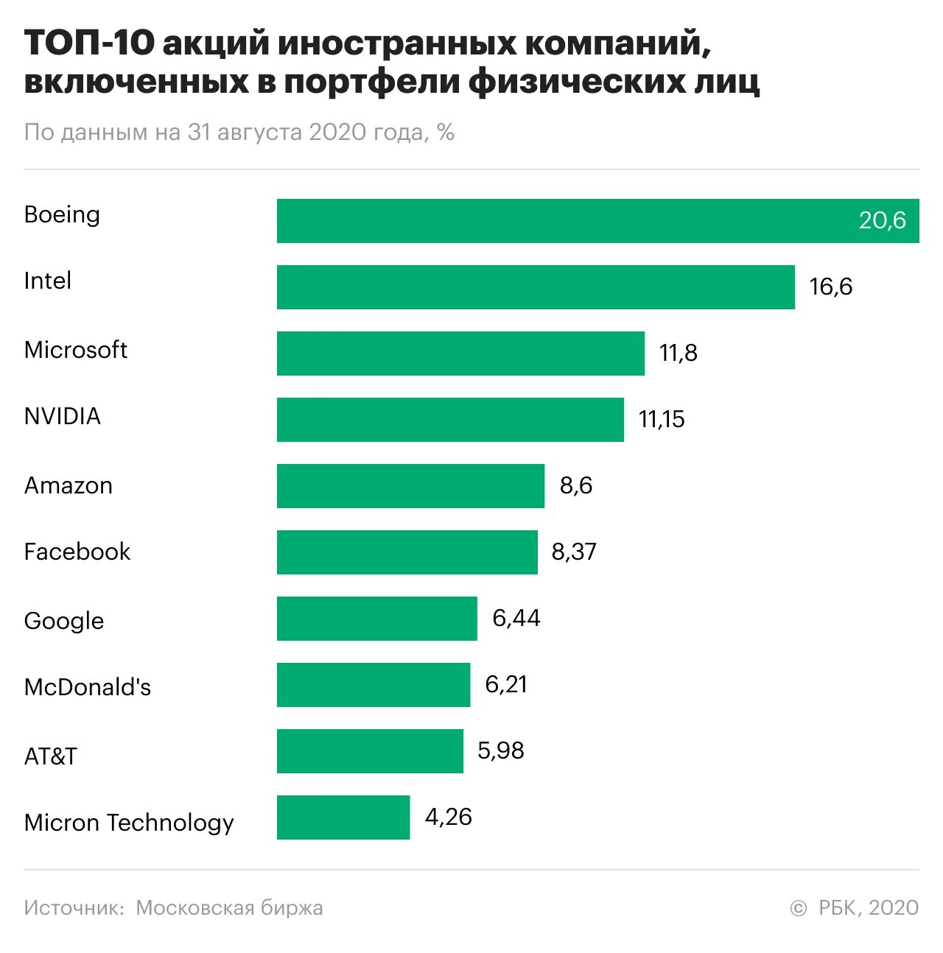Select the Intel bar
[x=536, y=287]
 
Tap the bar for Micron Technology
[x=343, y=817]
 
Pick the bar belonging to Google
[x=376, y=619]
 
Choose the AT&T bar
[x=370, y=751]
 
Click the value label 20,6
[x=882, y=221]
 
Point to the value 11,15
[x=662, y=420]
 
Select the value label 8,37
[x=574, y=552]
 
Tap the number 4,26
[x=448, y=817]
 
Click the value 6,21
[x=506, y=684]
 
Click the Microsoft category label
[x=75, y=350]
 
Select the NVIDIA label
[x=62, y=416]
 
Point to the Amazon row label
[x=68, y=485]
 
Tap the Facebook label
[x=77, y=552]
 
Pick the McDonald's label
[x=87, y=687]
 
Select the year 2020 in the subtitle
[x=337, y=132]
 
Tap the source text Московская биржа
[x=229, y=908]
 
